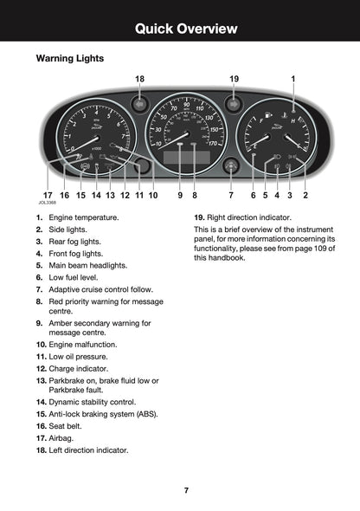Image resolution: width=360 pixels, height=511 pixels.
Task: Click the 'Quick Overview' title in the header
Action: tap(186, 29)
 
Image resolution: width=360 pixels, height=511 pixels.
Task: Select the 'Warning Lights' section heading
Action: tap(69, 59)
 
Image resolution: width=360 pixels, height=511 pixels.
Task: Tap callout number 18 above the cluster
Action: tap(139, 79)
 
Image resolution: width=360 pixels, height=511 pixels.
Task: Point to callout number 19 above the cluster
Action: tap(234, 79)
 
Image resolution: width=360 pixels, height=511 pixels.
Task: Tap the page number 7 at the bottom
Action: tap(186, 490)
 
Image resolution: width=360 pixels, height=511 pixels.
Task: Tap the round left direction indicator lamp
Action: tap(139, 104)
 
